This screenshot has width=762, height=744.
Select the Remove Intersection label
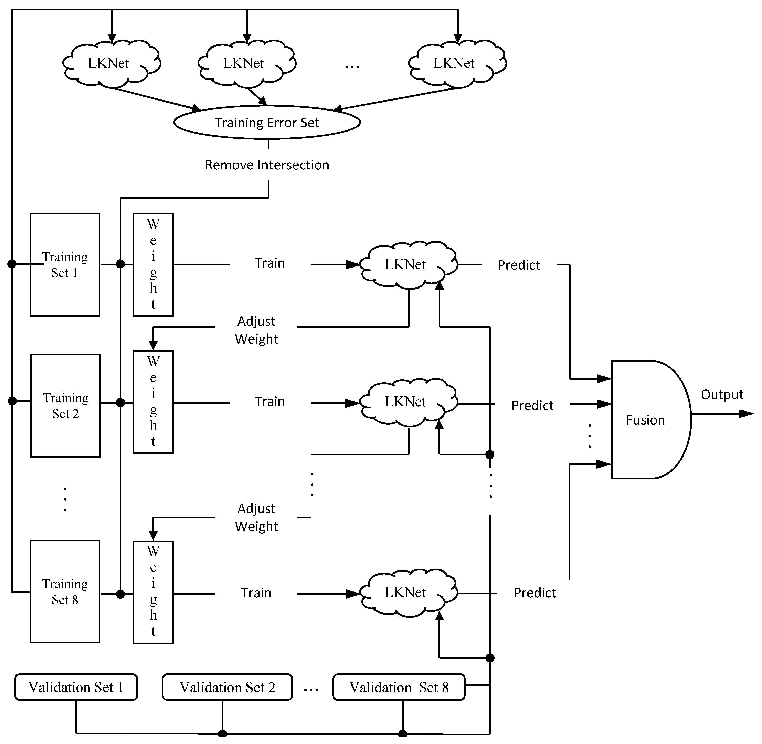tap(267, 165)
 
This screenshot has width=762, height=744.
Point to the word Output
tap(722, 395)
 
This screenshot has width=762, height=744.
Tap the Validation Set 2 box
tap(227, 687)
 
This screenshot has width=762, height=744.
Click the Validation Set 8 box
tap(399, 687)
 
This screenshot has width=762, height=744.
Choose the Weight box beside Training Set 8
tap(153, 592)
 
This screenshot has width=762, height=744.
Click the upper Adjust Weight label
tap(256, 330)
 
